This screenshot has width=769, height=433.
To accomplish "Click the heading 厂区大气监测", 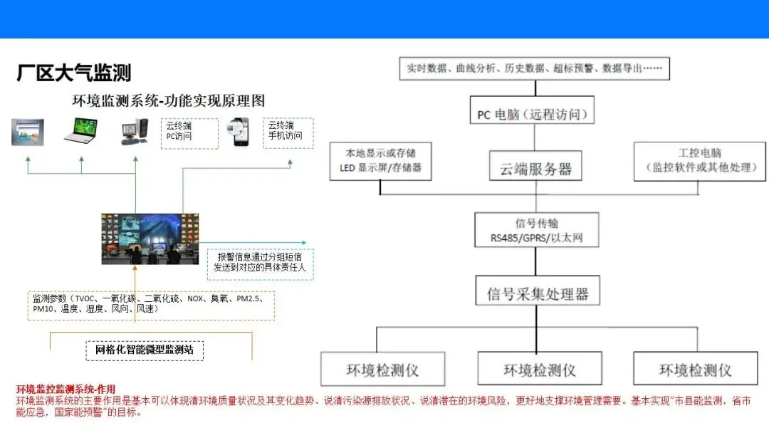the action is tap(74, 73).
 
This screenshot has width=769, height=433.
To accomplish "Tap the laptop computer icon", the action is tap(80, 131).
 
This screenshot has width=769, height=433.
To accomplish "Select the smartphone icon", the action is tap(239, 132).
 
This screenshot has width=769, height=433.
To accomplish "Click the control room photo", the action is tap(150, 239).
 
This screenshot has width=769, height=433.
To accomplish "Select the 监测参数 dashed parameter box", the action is tap(150, 304).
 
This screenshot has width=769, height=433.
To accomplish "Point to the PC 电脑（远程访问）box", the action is tap(532, 113).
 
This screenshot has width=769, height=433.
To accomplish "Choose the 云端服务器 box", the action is tap(535, 168).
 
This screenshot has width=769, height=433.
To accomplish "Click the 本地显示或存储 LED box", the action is tap(380, 160).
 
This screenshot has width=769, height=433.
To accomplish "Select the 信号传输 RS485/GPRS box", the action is tap(536, 229).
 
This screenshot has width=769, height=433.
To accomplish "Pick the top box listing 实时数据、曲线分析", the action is tap(534, 68).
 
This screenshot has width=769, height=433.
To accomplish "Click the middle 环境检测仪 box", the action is tap(539, 370).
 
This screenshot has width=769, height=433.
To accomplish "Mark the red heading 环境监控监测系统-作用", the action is tap(66, 389).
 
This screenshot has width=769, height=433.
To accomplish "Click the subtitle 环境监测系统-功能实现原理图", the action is tap(169, 100).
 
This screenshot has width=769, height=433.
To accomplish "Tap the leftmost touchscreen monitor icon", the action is tap(27, 132).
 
